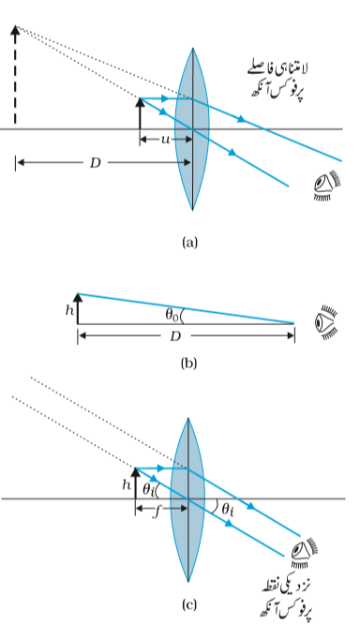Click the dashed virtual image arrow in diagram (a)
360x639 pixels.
[15, 75]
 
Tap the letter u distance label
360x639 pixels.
[165, 140]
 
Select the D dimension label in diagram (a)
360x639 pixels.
[95, 163]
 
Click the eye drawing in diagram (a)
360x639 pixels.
[327, 186]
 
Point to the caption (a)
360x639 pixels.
[189, 243]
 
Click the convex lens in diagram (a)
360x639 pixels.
[192, 128]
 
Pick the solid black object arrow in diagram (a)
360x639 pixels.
[140, 113]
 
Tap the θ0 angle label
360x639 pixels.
[172, 314]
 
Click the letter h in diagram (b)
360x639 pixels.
[68, 310]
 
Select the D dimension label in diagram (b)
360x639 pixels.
[175, 336]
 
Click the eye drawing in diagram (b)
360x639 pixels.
[327, 322]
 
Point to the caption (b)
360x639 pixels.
[188, 363]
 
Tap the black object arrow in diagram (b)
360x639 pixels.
[78, 308]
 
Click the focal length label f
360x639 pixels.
[157, 511]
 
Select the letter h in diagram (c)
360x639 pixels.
[127, 484]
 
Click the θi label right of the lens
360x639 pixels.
[228, 510]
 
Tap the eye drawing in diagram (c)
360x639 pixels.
[304, 554]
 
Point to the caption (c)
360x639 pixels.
[188, 604]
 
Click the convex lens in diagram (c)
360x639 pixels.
[187, 499]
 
